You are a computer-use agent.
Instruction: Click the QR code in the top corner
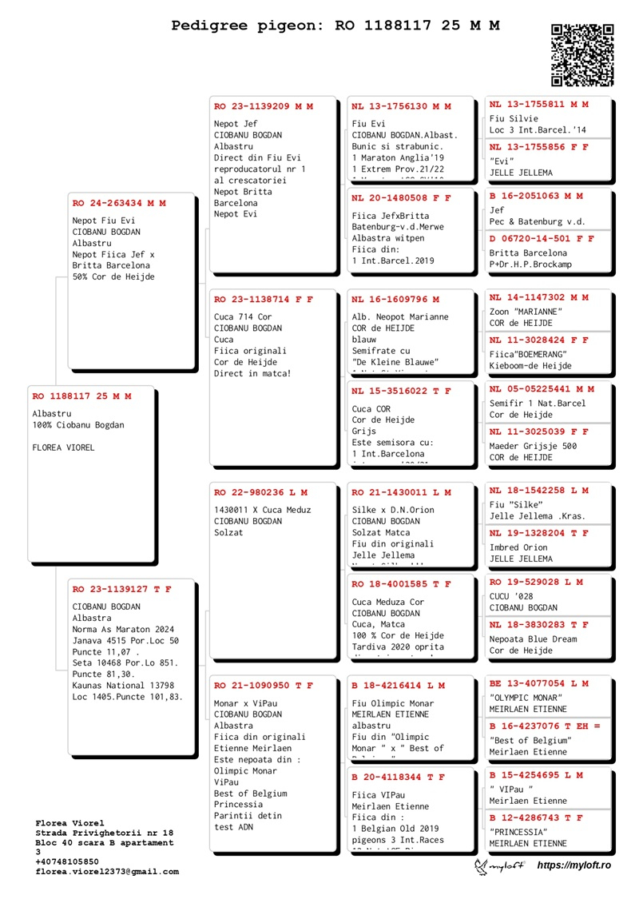click(582, 54)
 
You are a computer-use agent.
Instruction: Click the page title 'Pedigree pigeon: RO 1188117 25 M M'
click(335, 26)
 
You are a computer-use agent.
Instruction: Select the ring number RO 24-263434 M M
click(119, 203)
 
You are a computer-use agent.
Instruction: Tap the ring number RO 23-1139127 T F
click(121, 589)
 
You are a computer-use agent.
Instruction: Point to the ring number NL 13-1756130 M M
click(401, 106)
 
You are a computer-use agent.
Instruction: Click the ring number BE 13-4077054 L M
click(538, 683)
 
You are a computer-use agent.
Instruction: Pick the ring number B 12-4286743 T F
click(536, 817)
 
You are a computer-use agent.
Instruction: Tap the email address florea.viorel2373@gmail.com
click(107, 872)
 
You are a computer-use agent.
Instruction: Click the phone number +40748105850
click(67, 862)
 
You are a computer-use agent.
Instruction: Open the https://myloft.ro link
click(574, 865)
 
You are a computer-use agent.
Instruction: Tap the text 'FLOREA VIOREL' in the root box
click(63, 448)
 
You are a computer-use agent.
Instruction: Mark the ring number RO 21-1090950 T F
click(264, 686)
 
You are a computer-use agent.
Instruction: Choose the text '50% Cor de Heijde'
click(113, 276)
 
